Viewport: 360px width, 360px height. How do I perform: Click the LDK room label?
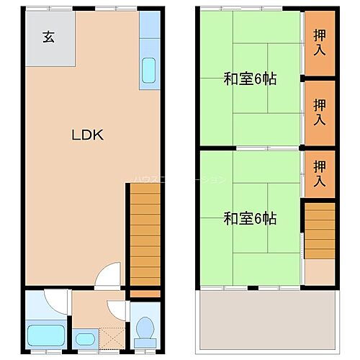88,135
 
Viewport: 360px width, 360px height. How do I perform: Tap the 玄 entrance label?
48,38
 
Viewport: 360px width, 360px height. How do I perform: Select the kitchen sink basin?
149,70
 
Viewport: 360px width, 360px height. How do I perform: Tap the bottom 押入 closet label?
319,174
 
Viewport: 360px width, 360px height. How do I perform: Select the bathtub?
45,336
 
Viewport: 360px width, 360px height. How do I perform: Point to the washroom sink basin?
84,338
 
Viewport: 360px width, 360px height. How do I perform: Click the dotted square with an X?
111,337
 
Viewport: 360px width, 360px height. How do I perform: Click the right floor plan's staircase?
318,230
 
